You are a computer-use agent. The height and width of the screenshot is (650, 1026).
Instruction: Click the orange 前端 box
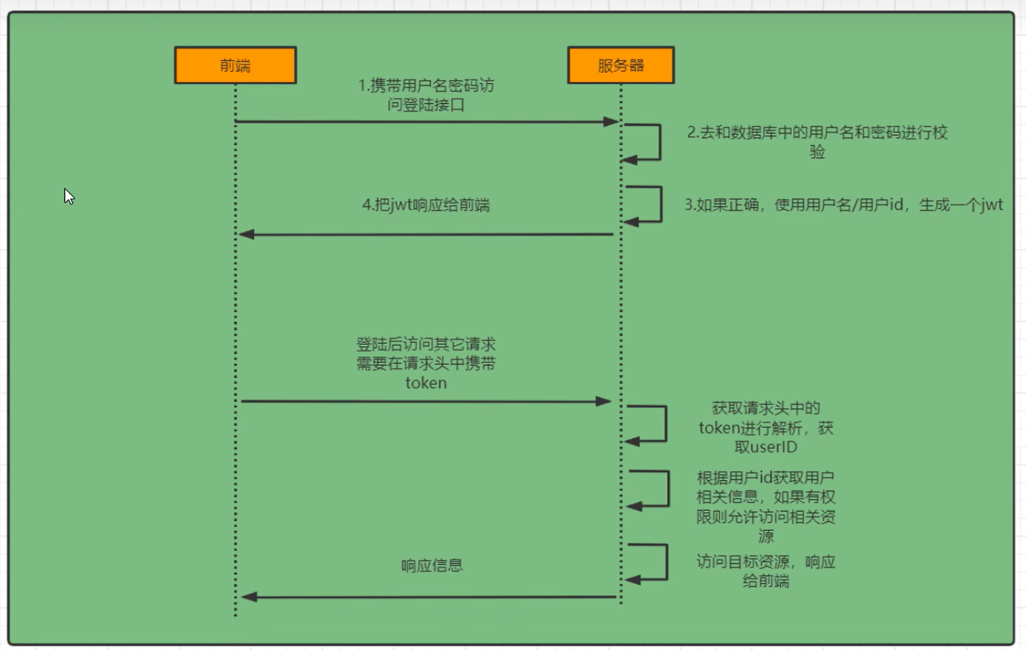(x=235, y=65)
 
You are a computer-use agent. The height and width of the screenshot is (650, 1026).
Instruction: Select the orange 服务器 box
(x=620, y=65)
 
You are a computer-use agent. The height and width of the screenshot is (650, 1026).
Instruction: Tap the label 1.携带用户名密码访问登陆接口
(x=426, y=95)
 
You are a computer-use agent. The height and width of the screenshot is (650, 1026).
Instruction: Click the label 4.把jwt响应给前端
(x=426, y=205)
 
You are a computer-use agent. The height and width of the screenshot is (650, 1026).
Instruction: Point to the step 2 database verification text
(x=817, y=142)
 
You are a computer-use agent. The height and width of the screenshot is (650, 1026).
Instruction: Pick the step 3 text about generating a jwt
(x=843, y=205)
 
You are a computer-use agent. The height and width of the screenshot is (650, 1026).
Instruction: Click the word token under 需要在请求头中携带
(x=426, y=383)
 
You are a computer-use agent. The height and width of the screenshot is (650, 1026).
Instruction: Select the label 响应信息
(x=432, y=565)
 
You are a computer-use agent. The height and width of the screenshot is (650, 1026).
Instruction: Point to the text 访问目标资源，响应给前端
(x=766, y=571)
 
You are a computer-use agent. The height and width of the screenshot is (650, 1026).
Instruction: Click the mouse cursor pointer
(x=69, y=196)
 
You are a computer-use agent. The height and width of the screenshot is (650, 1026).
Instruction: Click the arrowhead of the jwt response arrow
(x=247, y=234)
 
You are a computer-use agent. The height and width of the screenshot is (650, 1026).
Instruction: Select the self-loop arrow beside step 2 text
(x=659, y=142)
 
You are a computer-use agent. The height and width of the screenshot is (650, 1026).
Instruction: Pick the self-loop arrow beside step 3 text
(x=660, y=204)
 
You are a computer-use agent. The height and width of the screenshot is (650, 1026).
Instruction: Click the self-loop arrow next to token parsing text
(x=665, y=424)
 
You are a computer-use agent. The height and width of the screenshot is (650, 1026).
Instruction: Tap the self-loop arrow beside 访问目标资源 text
(x=666, y=562)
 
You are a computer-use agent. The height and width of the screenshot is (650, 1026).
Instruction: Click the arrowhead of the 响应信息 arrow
(x=249, y=597)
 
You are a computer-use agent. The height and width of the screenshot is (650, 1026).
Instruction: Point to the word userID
(x=773, y=447)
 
